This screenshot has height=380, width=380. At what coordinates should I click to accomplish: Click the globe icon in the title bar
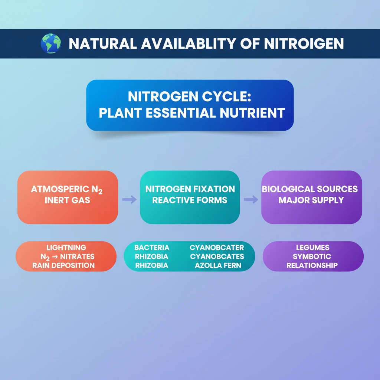pyautogui.click(x=51, y=43)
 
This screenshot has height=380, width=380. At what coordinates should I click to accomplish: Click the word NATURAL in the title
pyautogui.click(x=103, y=44)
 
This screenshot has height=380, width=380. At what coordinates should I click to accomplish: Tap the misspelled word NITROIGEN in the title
pyautogui.click(x=304, y=44)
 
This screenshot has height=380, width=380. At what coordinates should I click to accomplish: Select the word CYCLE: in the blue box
pyautogui.click(x=226, y=96)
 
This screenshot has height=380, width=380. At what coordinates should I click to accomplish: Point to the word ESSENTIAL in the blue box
pyautogui.click(x=181, y=113)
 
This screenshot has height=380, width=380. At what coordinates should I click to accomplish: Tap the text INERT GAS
pyautogui.click(x=68, y=200)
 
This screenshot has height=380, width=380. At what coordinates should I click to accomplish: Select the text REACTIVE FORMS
pyautogui.click(x=190, y=200)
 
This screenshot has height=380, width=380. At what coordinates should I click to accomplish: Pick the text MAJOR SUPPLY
pyautogui.click(x=311, y=200)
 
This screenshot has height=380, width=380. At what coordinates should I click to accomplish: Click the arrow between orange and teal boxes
pyautogui.click(x=130, y=199)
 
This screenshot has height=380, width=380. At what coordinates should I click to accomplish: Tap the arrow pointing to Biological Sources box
pyautogui.click(x=251, y=199)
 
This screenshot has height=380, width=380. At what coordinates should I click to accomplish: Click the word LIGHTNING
pyautogui.click(x=66, y=248)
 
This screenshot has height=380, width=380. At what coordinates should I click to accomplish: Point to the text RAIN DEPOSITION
pyautogui.click(x=63, y=265)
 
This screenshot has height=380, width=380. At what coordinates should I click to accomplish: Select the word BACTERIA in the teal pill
pyautogui.click(x=152, y=248)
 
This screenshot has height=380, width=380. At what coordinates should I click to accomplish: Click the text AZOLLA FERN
pyautogui.click(x=218, y=265)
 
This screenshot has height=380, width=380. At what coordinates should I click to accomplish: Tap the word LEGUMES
pyautogui.click(x=312, y=248)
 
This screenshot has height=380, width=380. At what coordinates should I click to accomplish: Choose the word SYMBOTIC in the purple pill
pyautogui.click(x=312, y=256)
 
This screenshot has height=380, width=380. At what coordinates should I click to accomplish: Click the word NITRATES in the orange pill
pyautogui.click(x=77, y=256)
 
